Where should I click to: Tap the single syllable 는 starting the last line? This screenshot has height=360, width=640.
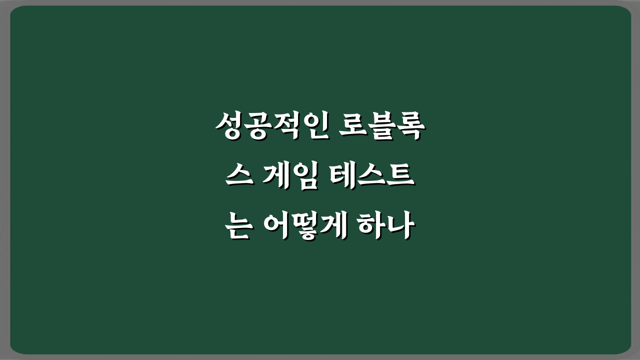(238, 227)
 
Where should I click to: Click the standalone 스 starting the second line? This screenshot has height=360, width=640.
(238, 177)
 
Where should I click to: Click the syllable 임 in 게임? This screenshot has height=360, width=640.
(306, 177)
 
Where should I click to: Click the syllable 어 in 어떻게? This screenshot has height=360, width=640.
(277, 227)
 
